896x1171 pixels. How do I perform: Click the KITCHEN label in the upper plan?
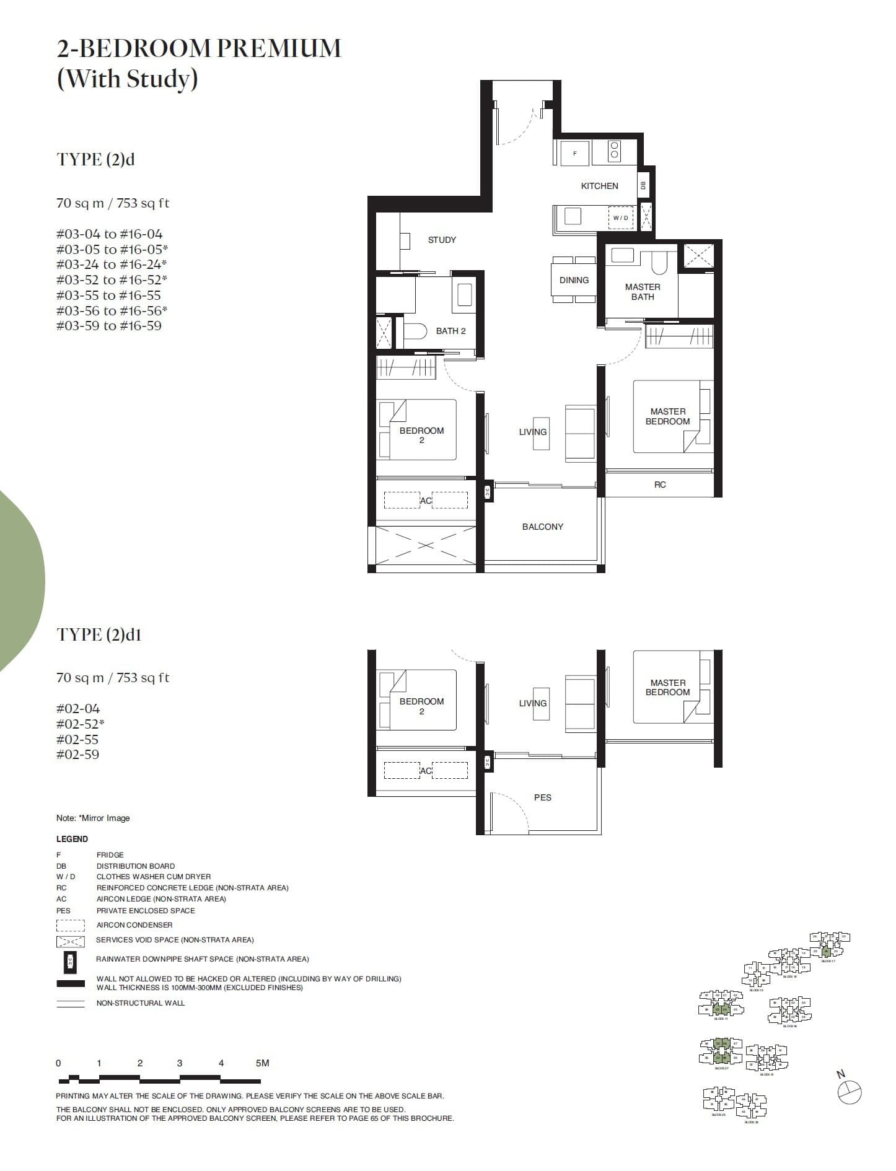599,186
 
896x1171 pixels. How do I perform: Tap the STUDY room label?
442,240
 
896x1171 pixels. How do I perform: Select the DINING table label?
574,280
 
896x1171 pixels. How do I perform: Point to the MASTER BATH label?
643,292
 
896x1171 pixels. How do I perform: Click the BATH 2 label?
450,331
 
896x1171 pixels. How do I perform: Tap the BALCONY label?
542,527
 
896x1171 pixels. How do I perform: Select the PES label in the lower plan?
542,797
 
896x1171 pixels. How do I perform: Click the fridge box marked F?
574,153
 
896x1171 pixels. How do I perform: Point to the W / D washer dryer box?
620,218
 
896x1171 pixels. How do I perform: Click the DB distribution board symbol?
643,185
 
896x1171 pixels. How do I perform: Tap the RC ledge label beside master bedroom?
660,485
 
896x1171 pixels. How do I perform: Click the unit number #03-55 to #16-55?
108,296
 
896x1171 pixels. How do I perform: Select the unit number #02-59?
77,755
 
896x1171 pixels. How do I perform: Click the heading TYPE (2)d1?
99,634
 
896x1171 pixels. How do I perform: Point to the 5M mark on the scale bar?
262,1063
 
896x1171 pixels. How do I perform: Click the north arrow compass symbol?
850,1092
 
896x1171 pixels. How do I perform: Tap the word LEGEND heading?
72,839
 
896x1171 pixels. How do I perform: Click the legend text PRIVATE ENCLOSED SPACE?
146,911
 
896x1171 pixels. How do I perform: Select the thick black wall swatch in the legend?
71,983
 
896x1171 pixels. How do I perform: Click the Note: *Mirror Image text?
93,818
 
